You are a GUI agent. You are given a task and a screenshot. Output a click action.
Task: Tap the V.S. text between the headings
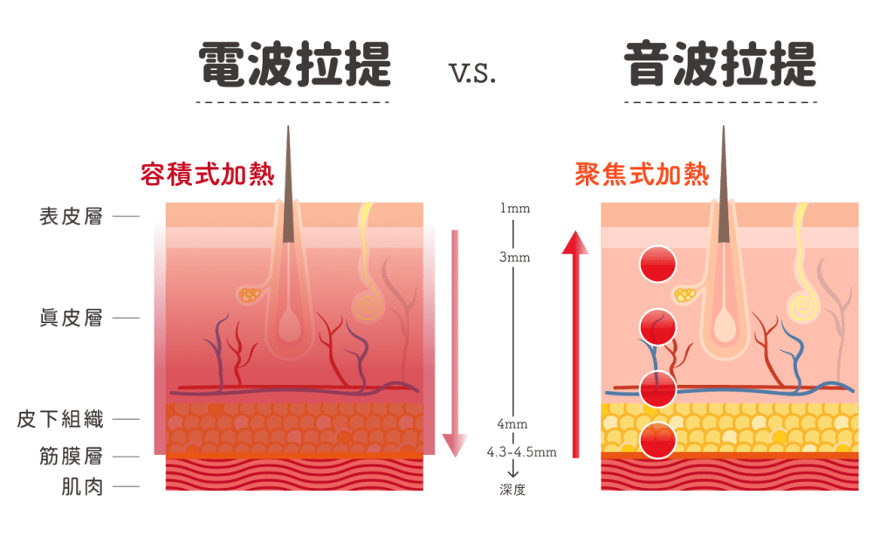click(473, 74)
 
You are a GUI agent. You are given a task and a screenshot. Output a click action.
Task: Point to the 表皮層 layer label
click(72, 217)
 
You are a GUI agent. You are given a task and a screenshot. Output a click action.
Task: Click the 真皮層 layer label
click(72, 318)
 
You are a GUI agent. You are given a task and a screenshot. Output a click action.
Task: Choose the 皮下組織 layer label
click(60, 419)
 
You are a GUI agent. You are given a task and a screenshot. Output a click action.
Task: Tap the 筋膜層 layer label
click(72, 457)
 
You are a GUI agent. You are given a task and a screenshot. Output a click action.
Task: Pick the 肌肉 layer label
click(83, 486)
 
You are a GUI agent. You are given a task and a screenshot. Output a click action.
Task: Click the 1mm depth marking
click(514, 209)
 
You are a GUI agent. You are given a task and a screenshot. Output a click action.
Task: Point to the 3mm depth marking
click(514, 258)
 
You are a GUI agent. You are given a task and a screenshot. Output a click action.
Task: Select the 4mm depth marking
click(512, 423)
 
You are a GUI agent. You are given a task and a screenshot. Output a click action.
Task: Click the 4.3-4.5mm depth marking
click(521, 452)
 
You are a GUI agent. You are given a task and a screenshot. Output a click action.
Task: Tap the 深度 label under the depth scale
click(512, 490)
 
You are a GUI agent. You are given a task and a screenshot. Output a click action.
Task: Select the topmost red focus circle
click(657, 265)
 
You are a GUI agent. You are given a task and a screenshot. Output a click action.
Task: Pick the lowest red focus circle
click(657, 440)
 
